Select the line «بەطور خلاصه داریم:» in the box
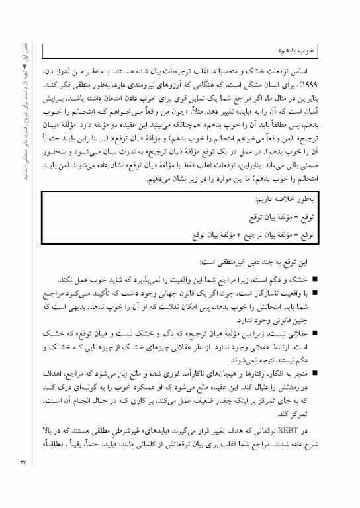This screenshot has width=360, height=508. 287,198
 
